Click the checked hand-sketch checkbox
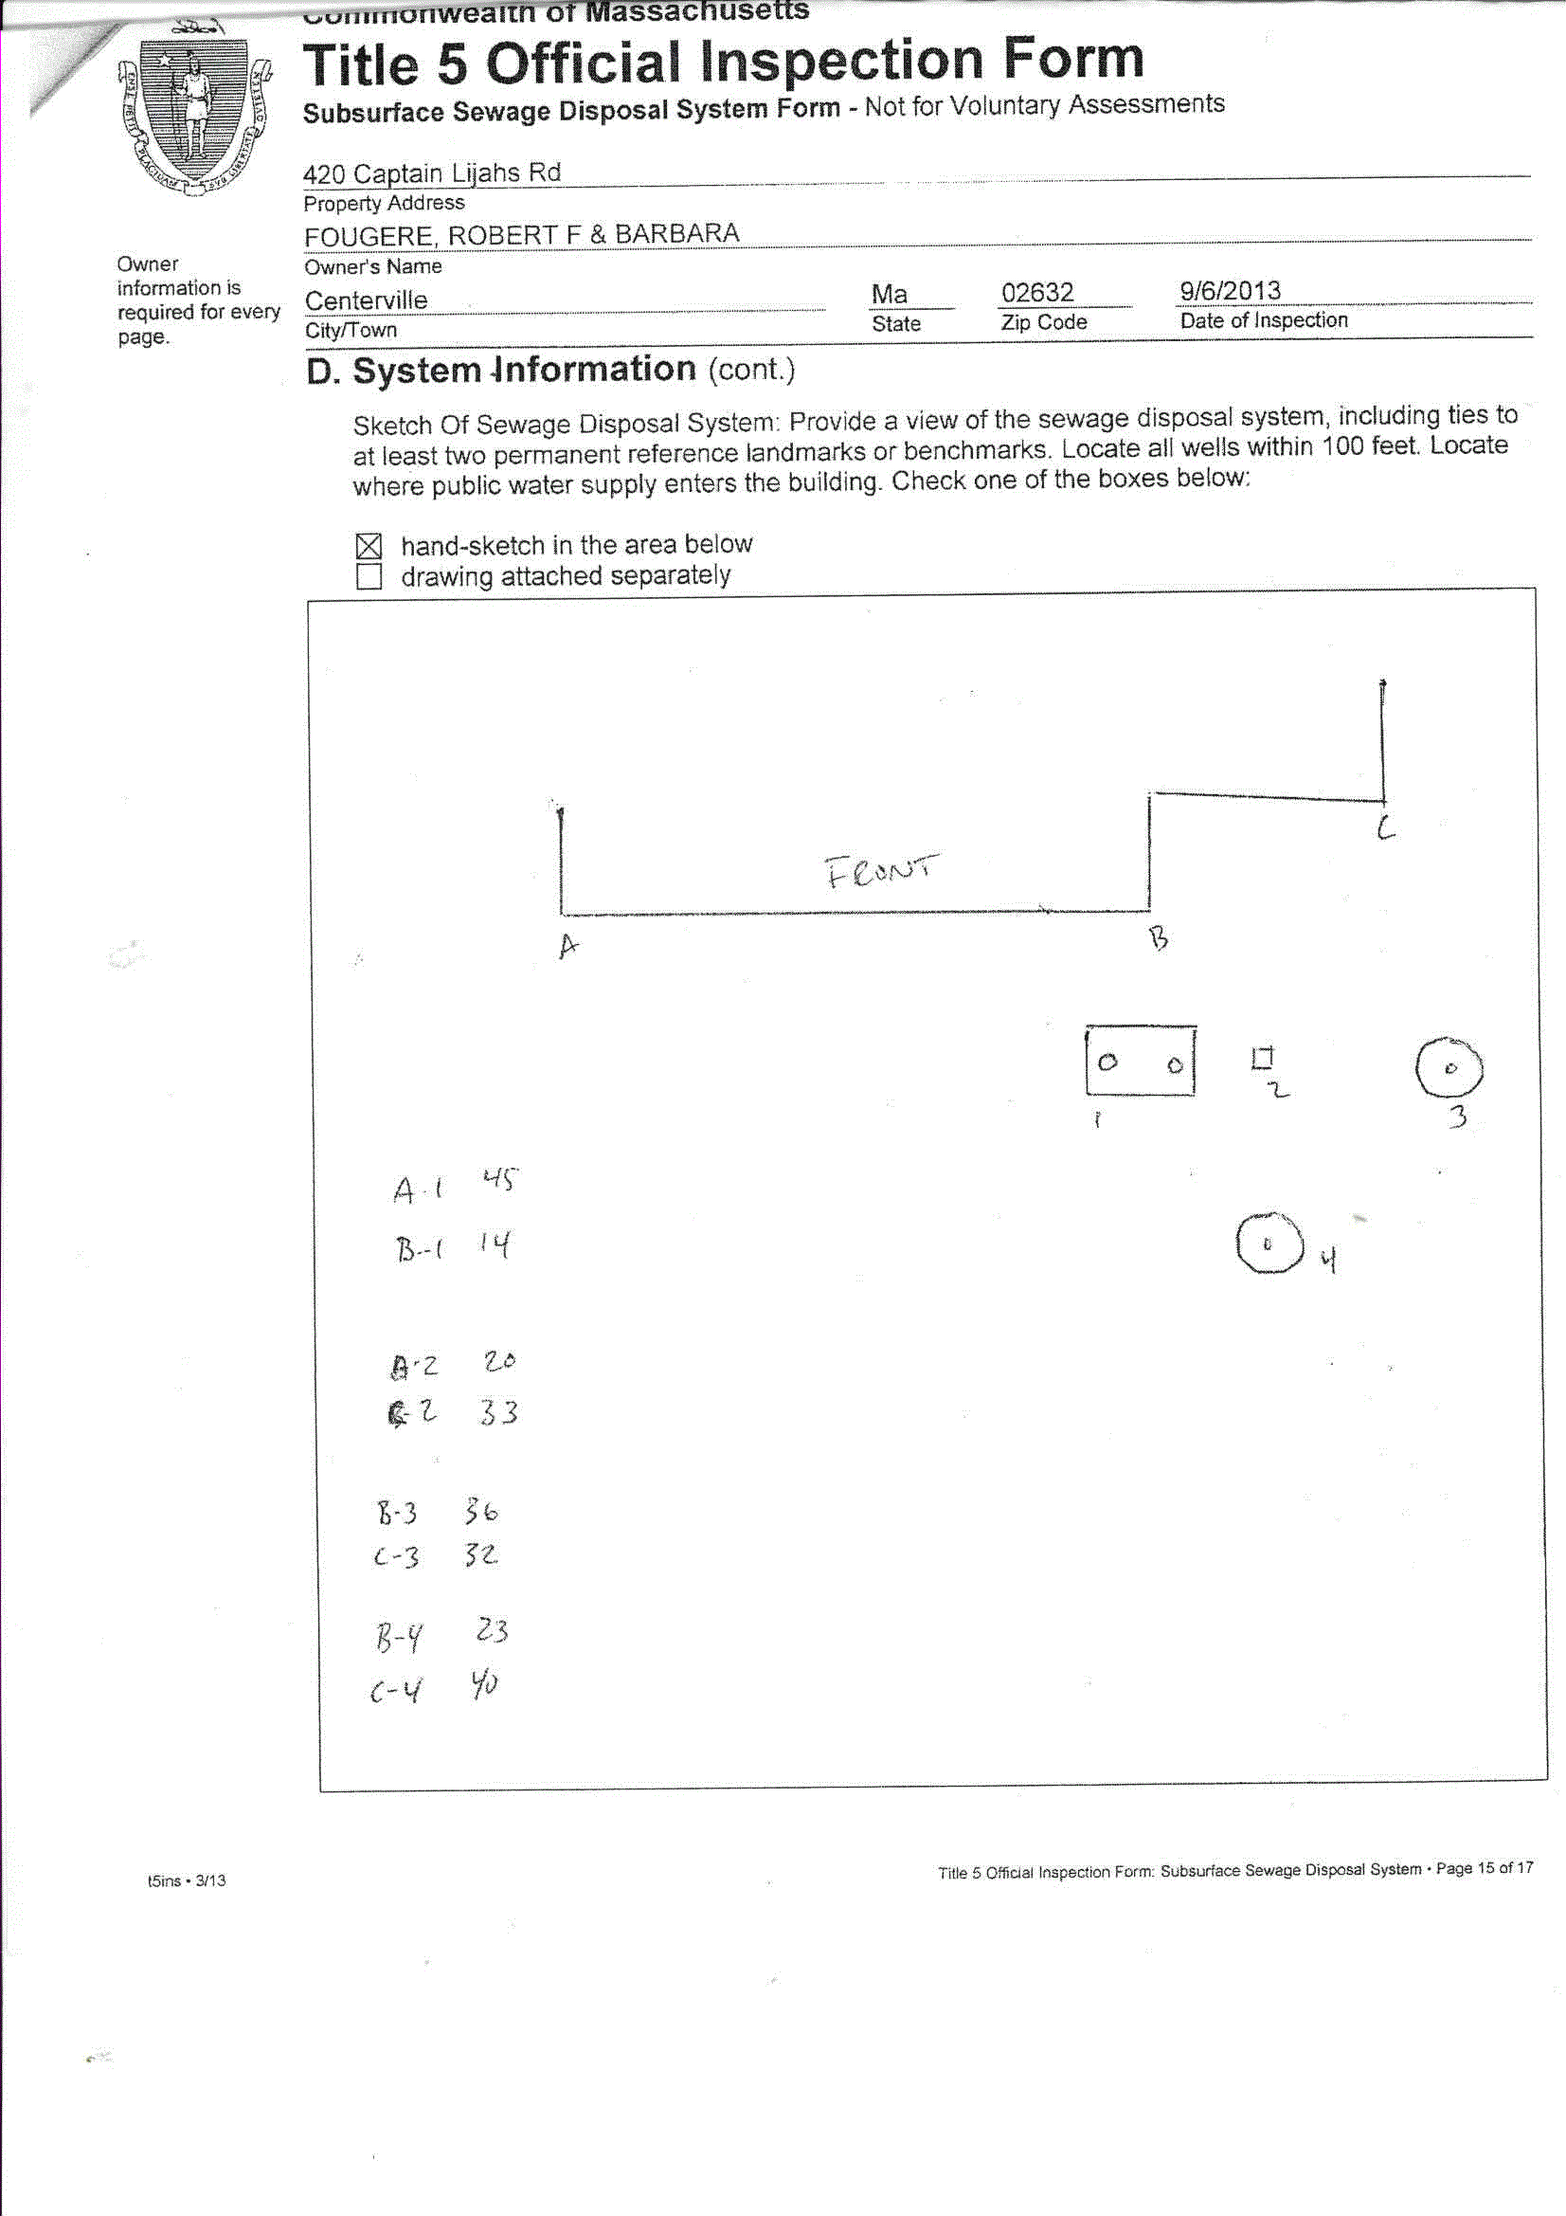pyautogui.click(x=369, y=546)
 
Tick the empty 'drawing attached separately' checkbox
pyautogui.click(x=369, y=576)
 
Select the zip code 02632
pyautogui.click(x=1037, y=293)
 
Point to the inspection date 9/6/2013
pyautogui.click(x=1231, y=291)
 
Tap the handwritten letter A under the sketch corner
pyautogui.click(x=568, y=946)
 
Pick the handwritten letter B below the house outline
pyautogui.click(x=1159, y=937)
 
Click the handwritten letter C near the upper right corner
pyautogui.click(x=1386, y=827)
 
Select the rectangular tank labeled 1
pyautogui.click(x=1141, y=1061)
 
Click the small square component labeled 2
pyautogui.click(x=1262, y=1059)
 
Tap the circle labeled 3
pyautogui.click(x=1449, y=1068)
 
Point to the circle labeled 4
pyautogui.click(x=1269, y=1244)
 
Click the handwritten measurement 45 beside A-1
pyautogui.click(x=499, y=1179)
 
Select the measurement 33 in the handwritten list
pyautogui.click(x=499, y=1413)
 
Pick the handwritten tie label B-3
pyautogui.click(x=397, y=1513)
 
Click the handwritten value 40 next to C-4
pyautogui.click(x=484, y=1684)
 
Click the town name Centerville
pyautogui.click(x=366, y=301)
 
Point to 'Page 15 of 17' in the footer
pyautogui.click(x=1484, y=1868)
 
